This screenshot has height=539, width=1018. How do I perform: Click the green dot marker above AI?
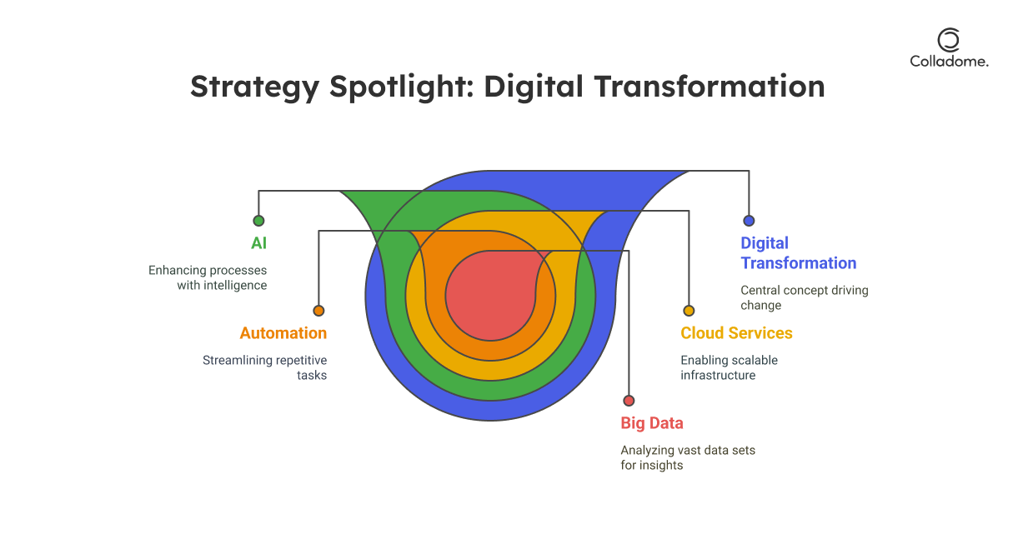click(258, 221)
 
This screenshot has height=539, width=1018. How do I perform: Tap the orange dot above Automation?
click(318, 311)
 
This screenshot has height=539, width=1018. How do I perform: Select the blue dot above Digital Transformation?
click(749, 221)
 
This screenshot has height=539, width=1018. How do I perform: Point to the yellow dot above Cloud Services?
click(689, 311)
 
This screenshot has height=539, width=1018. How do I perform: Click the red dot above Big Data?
click(629, 401)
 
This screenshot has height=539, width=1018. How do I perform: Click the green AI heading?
click(259, 243)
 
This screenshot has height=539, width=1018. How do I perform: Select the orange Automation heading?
click(283, 333)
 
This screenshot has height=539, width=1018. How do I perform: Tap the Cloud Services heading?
click(736, 333)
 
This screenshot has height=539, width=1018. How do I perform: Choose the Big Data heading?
click(652, 423)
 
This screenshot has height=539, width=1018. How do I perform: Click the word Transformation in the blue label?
click(799, 263)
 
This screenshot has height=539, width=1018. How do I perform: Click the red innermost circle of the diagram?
click(491, 295)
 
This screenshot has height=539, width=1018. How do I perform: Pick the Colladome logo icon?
click(949, 40)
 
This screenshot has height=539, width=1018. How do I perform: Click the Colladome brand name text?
click(949, 62)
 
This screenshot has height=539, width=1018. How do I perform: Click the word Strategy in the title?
click(254, 87)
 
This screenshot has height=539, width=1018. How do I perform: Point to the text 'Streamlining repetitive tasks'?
click(264, 368)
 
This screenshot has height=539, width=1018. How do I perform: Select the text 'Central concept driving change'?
click(805, 297)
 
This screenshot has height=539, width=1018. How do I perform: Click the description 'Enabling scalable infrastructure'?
click(729, 368)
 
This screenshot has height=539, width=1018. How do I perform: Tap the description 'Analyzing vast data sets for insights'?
click(688, 457)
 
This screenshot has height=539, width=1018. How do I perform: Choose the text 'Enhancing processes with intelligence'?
click(208, 278)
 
